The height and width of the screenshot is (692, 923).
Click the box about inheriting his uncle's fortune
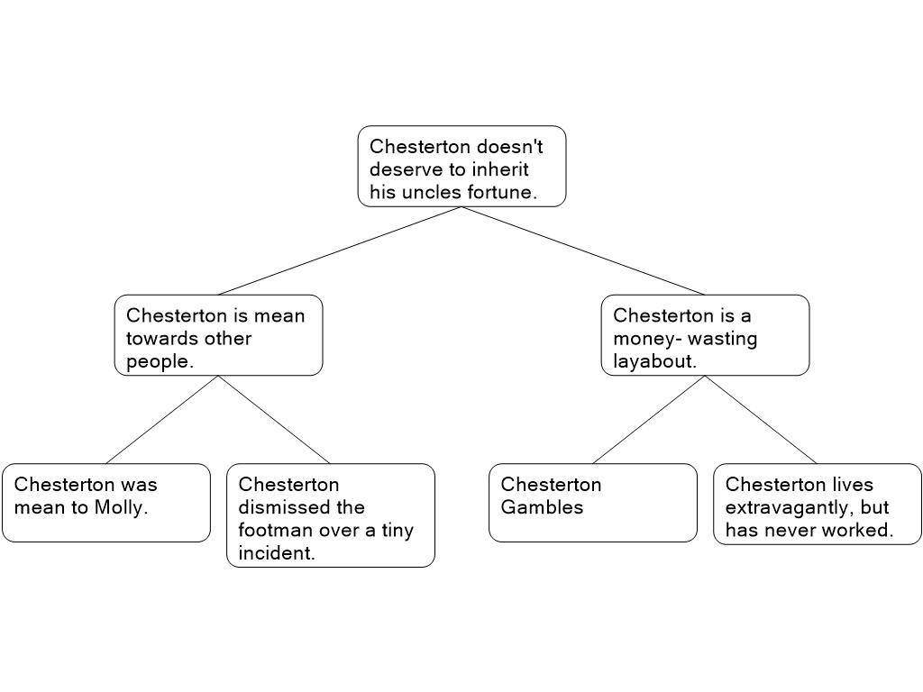tap(461, 167)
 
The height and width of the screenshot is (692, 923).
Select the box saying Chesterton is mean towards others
tap(218, 335)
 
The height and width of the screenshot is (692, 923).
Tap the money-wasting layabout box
tap(705, 335)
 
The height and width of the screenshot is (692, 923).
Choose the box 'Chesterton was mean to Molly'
tap(105, 503)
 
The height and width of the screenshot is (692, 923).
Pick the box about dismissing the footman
tap(330, 515)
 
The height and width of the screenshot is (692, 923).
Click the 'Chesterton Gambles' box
tap(592, 503)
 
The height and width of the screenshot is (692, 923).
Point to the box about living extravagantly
tap(818, 505)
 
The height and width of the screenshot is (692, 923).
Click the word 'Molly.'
tap(121, 507)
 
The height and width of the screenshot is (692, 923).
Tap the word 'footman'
tap(276, 531)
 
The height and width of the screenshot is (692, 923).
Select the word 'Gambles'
tap(542, 507)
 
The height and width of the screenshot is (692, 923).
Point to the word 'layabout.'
tap(655, 361)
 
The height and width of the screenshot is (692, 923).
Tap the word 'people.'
tap(160, 361)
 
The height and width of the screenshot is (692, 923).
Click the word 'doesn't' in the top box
tap(509, 146)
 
